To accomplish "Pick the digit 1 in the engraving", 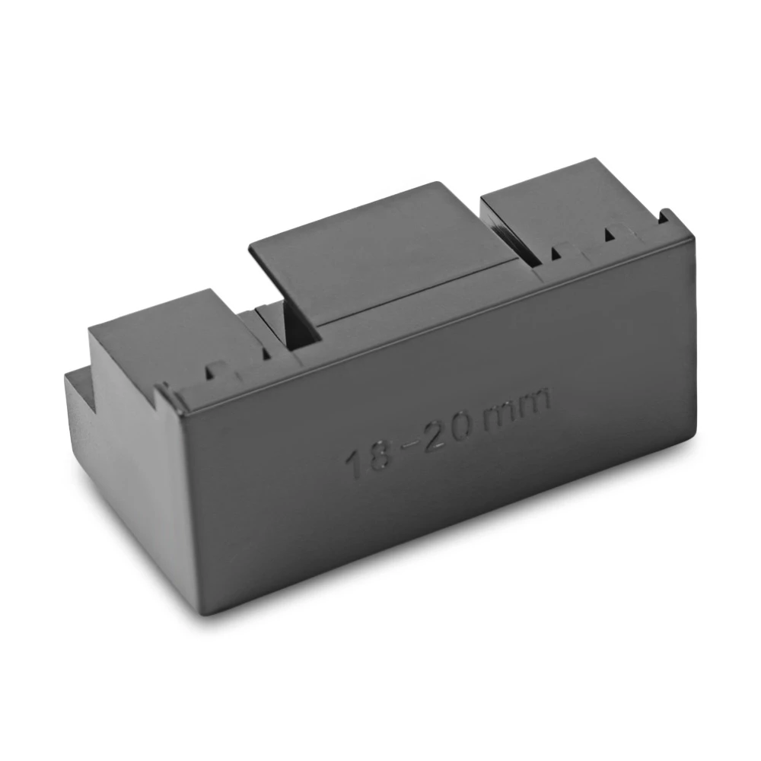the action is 352,462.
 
